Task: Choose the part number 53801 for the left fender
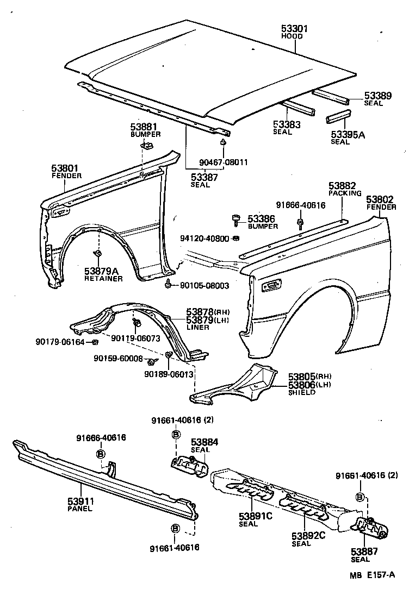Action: click(66, 168)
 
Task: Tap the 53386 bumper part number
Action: click(262, 218)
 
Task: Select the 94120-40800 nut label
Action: click(205, 238)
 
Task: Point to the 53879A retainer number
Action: click(103, 271)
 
